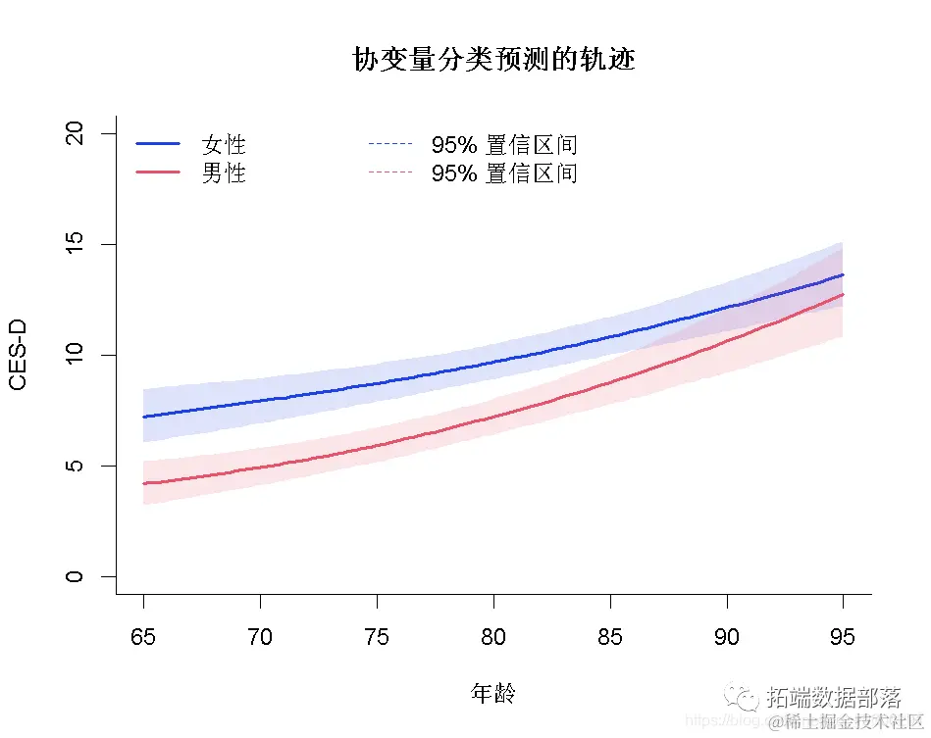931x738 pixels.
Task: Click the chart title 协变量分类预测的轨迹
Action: pyautogui.click(x=493, y=60)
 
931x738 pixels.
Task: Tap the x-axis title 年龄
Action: pyautogui.click(x=492, y=694)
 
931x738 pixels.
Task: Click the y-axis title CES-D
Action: pyautogui.click(x=18, y=355)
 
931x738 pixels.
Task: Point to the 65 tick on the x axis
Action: pyautogui.click(x=143, y=637)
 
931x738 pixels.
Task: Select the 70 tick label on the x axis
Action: pyautogui.click(x=260, y=637)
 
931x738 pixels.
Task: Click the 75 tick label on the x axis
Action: pyautogui.click(x=377, y=637)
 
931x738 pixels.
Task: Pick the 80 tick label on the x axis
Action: pyautogui.click(x=493, y=637)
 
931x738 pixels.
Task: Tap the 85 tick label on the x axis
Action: pyautogui.click(x=610, y=637)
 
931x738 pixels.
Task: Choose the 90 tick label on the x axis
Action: pyautogui.click(x=727, y=637)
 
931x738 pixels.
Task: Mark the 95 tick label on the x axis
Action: pyautogui.click(x=843, y=637)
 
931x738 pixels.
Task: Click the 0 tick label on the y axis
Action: pyautogui.click(x=75, y=576)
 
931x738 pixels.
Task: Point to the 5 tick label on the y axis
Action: pyautogui.click(x=75, y=466)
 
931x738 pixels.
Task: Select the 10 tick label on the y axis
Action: pyautogui.click(x=75, y=355)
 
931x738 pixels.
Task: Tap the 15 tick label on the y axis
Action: pyautogui.click(x=75, y=244)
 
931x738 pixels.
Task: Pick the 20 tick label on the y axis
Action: pyautogui.click(x=75, y=133)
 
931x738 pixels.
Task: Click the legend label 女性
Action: pyautogui.click(x=224, y=145)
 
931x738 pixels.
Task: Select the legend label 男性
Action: pyautogui.click(x=224, y=173)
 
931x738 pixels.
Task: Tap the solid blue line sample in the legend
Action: pyautogui.click(x=158, y=144)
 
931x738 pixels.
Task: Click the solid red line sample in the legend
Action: pyautogui.click(x=158, y=172)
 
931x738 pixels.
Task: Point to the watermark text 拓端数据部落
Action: pyautogui.click(x=834, y=697)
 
